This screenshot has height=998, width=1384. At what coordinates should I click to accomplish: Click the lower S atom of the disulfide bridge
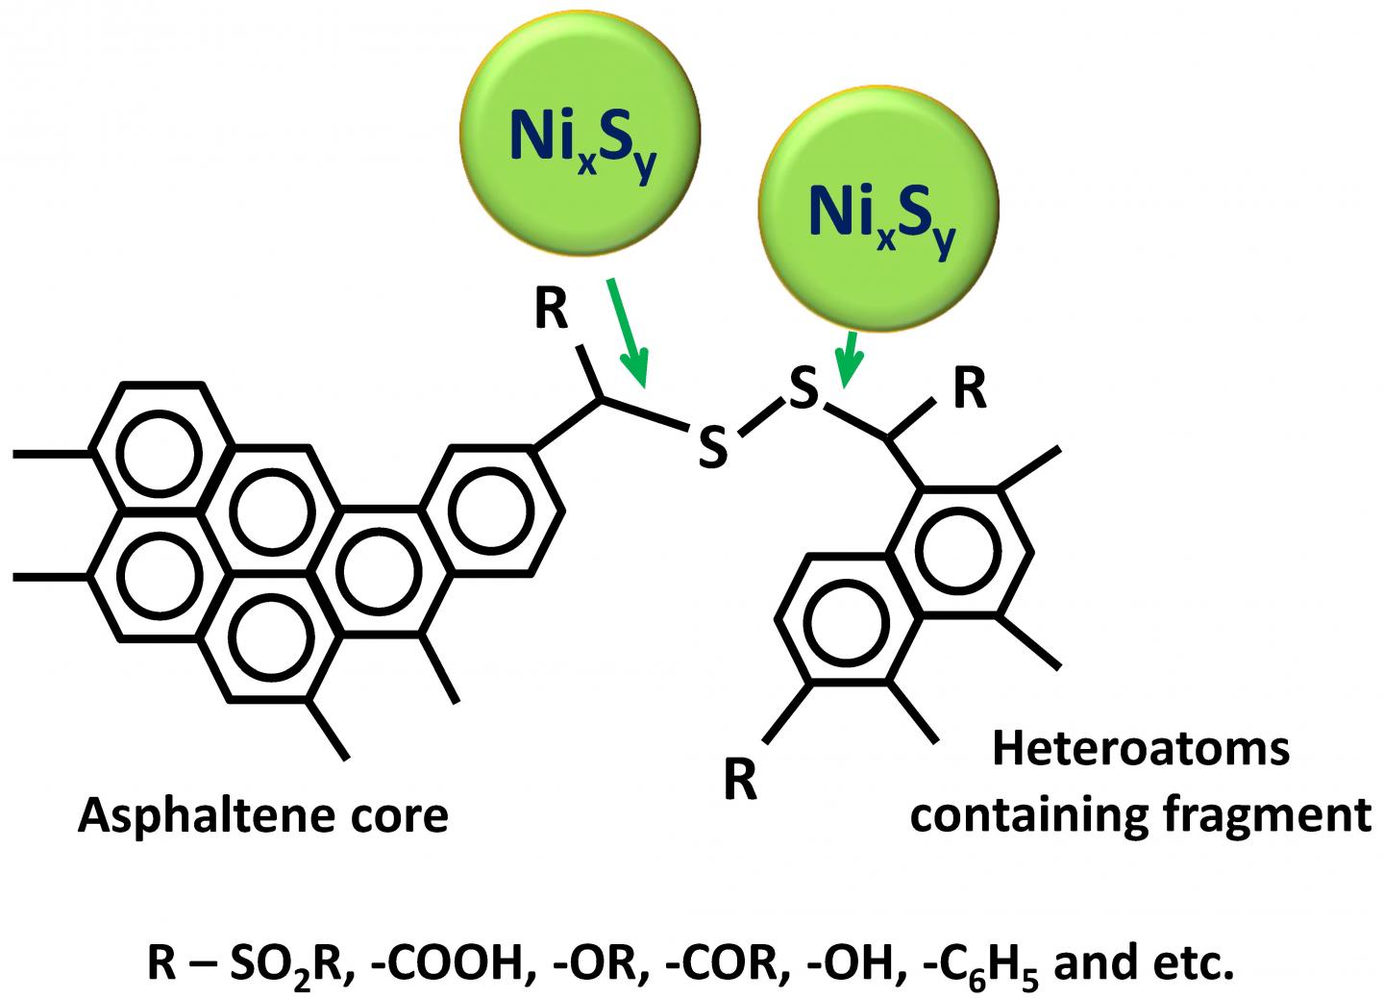711,449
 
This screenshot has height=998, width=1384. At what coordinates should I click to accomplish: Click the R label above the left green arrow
551,312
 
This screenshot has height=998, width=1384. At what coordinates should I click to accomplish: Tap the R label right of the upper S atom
969,391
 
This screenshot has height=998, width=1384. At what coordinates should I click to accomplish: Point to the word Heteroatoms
1140,749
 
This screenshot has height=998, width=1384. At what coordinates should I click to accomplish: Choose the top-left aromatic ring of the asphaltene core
161,449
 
